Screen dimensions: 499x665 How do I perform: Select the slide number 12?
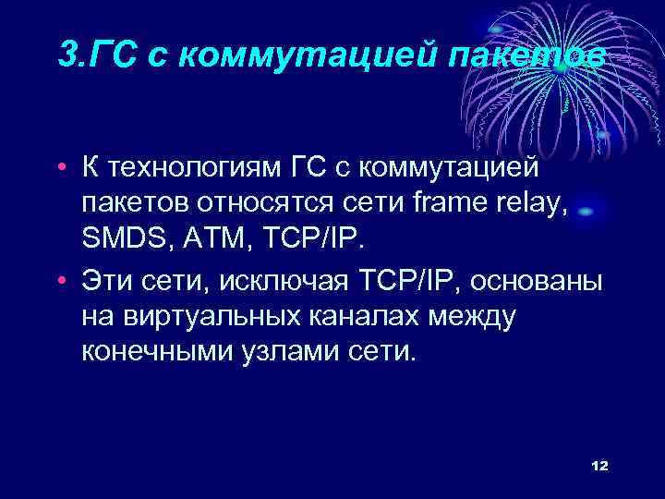point(598,466)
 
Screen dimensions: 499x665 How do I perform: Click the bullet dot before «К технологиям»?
point(60,169)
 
